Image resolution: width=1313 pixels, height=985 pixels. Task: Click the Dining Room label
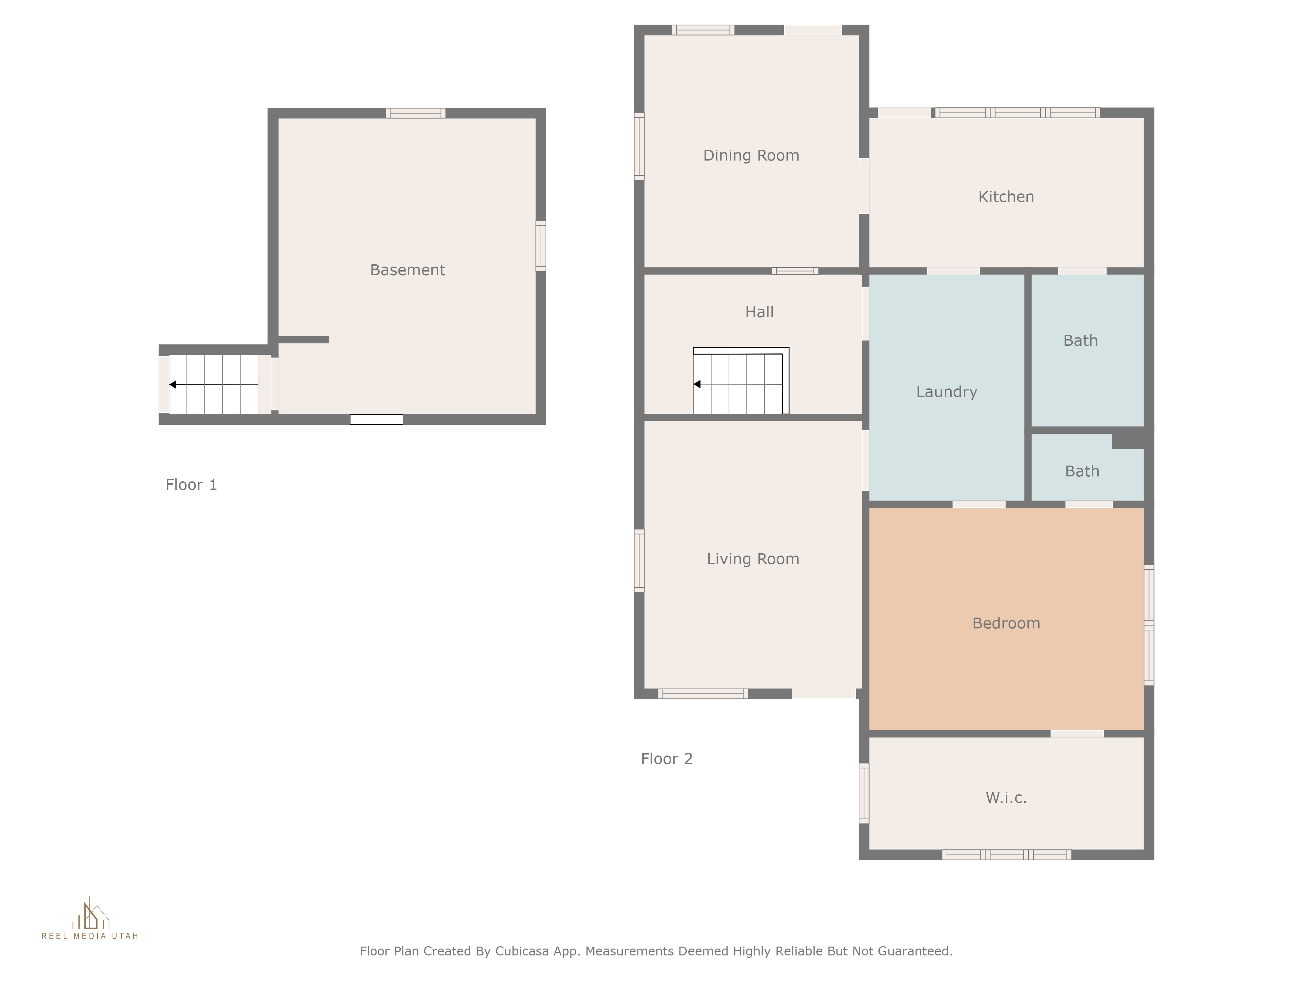tap(751, 156)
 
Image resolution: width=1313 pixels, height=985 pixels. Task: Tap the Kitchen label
tap(1006, 197)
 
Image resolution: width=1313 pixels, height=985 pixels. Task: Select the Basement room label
tap(407, 270)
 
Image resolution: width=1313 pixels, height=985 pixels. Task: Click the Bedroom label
tap(1006, 624)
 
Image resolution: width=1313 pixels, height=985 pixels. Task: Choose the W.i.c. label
tap(1006, 798)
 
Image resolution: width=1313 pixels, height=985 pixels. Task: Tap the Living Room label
tap(753, 559)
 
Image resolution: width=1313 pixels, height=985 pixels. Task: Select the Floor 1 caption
tap(191, 485)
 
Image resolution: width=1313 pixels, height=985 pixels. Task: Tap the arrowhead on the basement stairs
tap(173, 385)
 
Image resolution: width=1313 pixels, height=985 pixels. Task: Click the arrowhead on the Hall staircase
tap(697, 384)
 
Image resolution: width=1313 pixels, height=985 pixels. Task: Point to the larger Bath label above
tap(1080, 341)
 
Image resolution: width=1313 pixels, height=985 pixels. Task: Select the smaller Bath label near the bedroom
tap(1082, 471)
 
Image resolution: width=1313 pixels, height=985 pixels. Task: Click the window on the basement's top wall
tap(416, 113)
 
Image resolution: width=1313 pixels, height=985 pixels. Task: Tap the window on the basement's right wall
tap(541, 246)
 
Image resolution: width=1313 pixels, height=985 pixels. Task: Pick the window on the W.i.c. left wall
tap(864, 793)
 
